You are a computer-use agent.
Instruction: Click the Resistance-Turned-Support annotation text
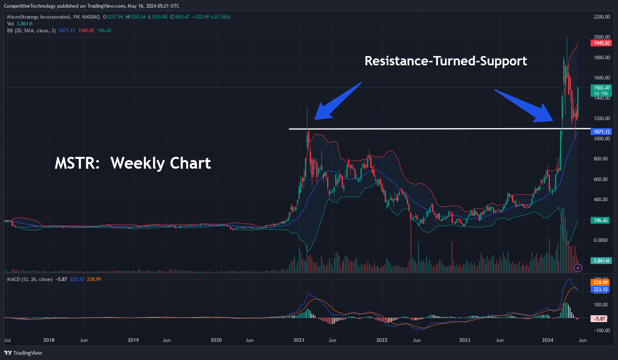(x=446, y=61)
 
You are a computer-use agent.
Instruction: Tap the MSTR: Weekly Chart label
(x=133, y=163)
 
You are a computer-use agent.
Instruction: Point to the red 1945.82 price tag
(x=601, y=43)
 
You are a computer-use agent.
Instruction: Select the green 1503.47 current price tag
(x=601, y=88)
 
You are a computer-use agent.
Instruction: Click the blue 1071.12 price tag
(x=601, y=132)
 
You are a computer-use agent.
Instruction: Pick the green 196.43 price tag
(x=601, y=221)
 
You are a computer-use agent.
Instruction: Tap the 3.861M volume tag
(x=601, y=261)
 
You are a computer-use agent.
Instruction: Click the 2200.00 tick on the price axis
(x=601, y=17)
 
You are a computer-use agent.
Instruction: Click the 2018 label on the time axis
(x=49, y=340)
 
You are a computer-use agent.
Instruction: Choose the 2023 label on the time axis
(x=465, y=340)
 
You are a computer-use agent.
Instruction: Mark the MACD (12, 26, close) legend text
(x=29, y=279)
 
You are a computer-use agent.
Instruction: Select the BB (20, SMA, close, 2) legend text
(x=31, y=31)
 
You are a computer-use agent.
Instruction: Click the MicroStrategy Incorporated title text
(x=38, y=17)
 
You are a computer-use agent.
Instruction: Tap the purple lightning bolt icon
(x=578, y=267)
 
